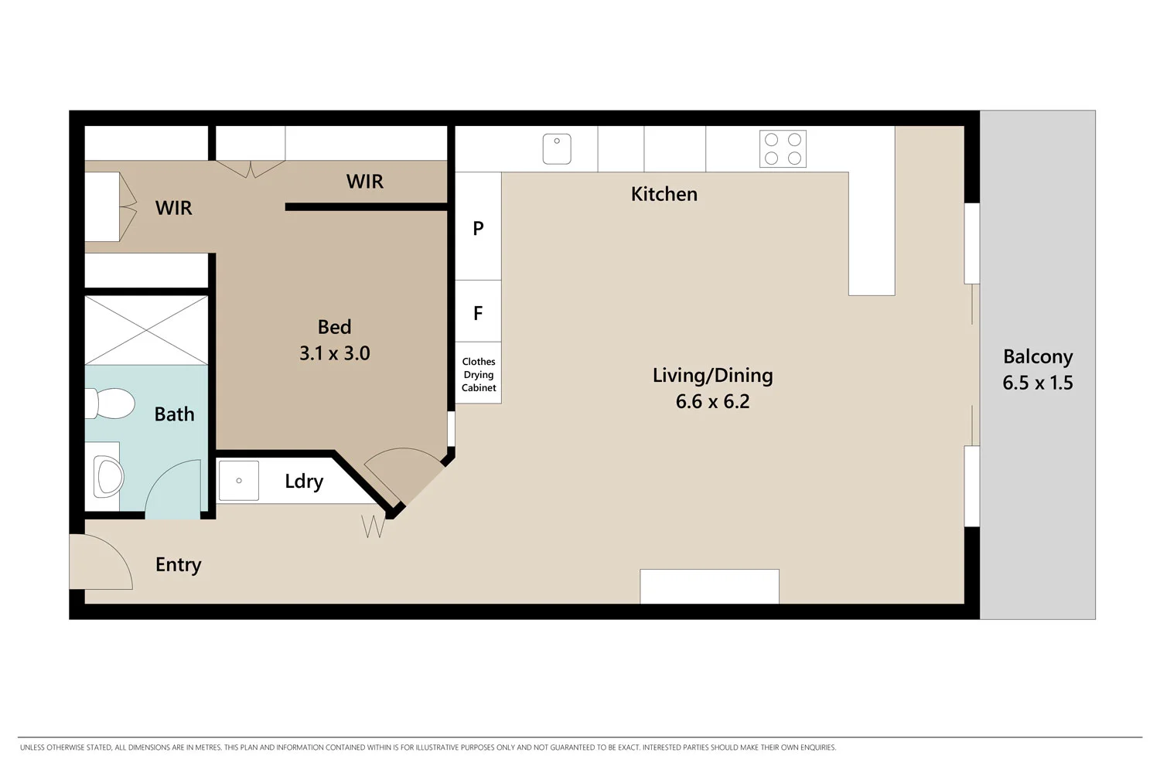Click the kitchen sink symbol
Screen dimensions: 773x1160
coord(557,148)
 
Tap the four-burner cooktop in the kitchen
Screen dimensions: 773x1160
coord(783,148)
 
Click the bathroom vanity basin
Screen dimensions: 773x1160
coord(107,476)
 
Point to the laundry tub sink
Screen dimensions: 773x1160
coord(239,481)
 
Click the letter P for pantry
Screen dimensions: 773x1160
coord(478,228)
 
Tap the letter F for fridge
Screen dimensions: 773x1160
coord(478,313)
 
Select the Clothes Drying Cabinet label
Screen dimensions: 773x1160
coord(479,374)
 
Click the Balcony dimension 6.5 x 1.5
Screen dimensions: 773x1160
coord(1037,383)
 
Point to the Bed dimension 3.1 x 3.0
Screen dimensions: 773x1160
coord(334,353)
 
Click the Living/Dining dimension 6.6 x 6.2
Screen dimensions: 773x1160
coord(712,401)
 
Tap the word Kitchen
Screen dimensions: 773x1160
coord(664,194)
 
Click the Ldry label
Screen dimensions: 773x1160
coord(304,481)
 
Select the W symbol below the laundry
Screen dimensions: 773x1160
coord(374,526)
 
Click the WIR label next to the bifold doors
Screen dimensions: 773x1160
coord(173,208)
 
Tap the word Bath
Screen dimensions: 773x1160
coord(174,414)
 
